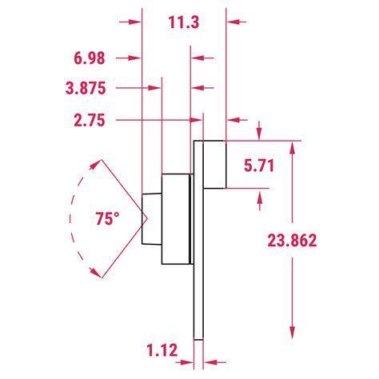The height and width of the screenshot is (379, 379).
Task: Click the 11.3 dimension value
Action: click(184, 22)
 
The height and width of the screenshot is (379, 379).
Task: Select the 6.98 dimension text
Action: click(90, 58)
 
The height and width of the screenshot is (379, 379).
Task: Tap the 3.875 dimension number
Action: click(86, 88)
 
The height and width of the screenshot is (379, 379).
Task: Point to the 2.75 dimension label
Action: click(90, 121)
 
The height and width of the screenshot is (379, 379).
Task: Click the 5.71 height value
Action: click(259, 166)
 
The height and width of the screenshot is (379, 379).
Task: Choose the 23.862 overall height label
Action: click(292, 241)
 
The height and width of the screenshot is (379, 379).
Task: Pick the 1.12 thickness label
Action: click(162, 350)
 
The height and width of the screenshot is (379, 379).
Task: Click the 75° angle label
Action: click(107, 219)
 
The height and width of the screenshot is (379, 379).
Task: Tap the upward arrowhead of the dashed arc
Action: click(94, 165)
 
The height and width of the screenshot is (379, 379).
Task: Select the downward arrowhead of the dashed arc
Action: click(94, 272)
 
